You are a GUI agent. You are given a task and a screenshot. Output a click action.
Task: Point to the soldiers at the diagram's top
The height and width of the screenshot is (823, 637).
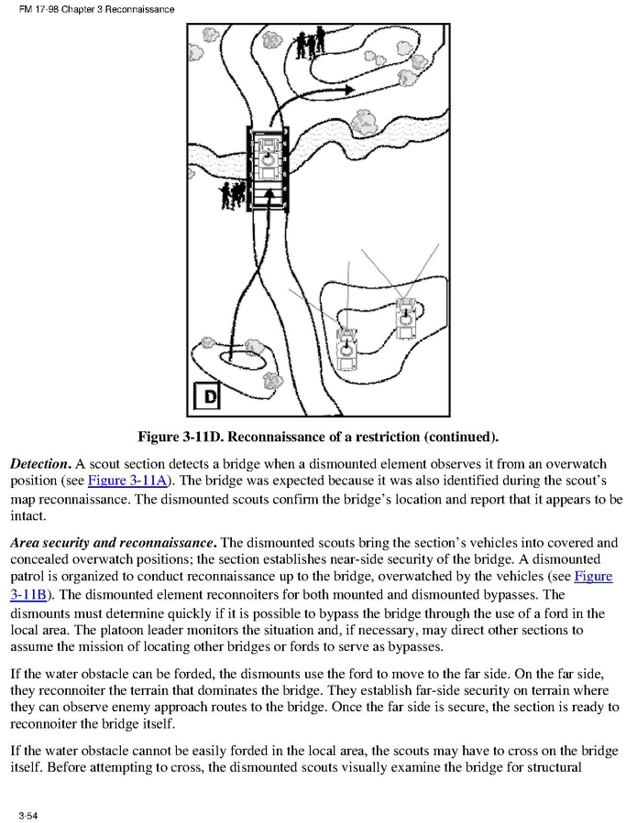click(x=312, y=42)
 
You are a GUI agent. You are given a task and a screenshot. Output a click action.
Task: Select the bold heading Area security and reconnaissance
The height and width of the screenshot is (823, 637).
click(x=112, y=542)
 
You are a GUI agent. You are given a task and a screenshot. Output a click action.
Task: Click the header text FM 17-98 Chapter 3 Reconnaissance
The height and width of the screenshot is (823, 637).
click(x=90, y=9)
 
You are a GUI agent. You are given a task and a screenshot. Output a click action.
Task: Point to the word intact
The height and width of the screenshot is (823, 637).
click(x=27, y=515)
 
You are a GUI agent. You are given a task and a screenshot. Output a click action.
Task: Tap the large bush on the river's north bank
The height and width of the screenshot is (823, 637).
click(x=367, y=119)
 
